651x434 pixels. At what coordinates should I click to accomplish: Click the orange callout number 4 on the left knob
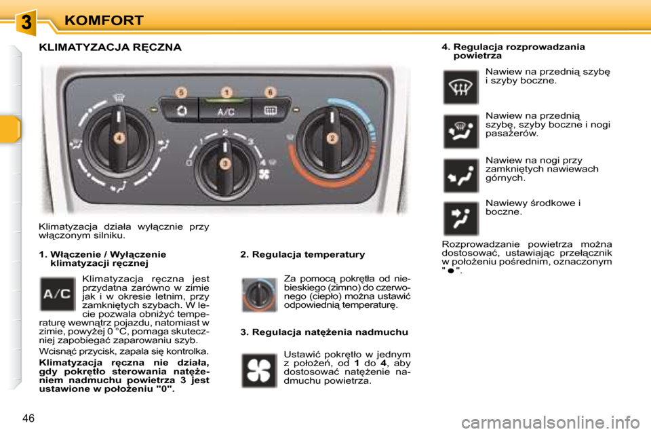click(x=119, y=138)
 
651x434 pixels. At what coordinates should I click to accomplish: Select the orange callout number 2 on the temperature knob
click(x=332, y=138)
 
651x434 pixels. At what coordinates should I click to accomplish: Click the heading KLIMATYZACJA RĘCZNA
click(x=110, y=47)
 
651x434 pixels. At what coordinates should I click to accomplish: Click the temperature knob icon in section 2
click(x=259, y=294)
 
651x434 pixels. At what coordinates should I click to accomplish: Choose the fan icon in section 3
click(x=259, y=370)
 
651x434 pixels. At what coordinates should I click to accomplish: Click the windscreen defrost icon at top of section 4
click(x=460, y=87)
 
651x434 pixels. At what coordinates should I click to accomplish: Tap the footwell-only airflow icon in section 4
click(x=460, y=176)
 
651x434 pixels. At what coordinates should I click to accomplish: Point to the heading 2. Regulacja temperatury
click(x=302, y=254)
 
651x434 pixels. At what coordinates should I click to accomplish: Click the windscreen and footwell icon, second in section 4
click(x=460, y=131)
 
